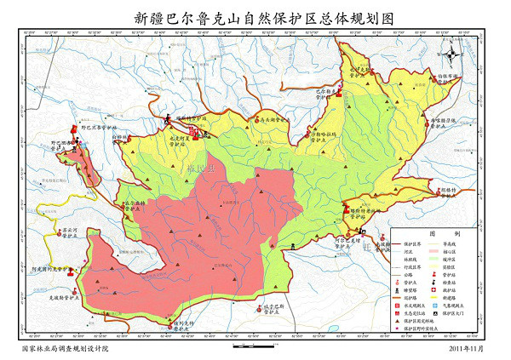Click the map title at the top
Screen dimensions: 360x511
[x=255, y=15]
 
